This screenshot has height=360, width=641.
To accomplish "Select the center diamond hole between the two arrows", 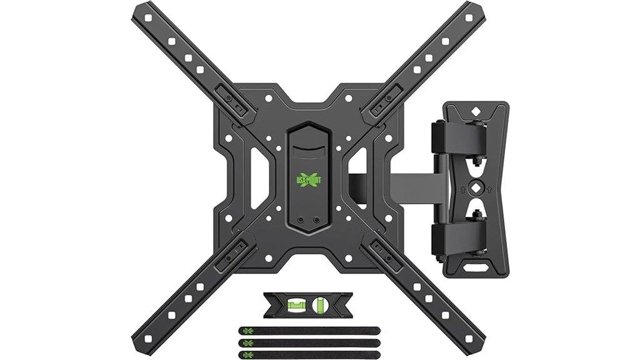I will pyautogui.click(x=478, y=187).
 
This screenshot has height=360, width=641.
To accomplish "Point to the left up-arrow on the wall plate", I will pyautogui.click(x=462, y=187).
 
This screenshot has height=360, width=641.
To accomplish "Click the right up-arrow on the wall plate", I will pyautogui.click(x=493, y=187).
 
